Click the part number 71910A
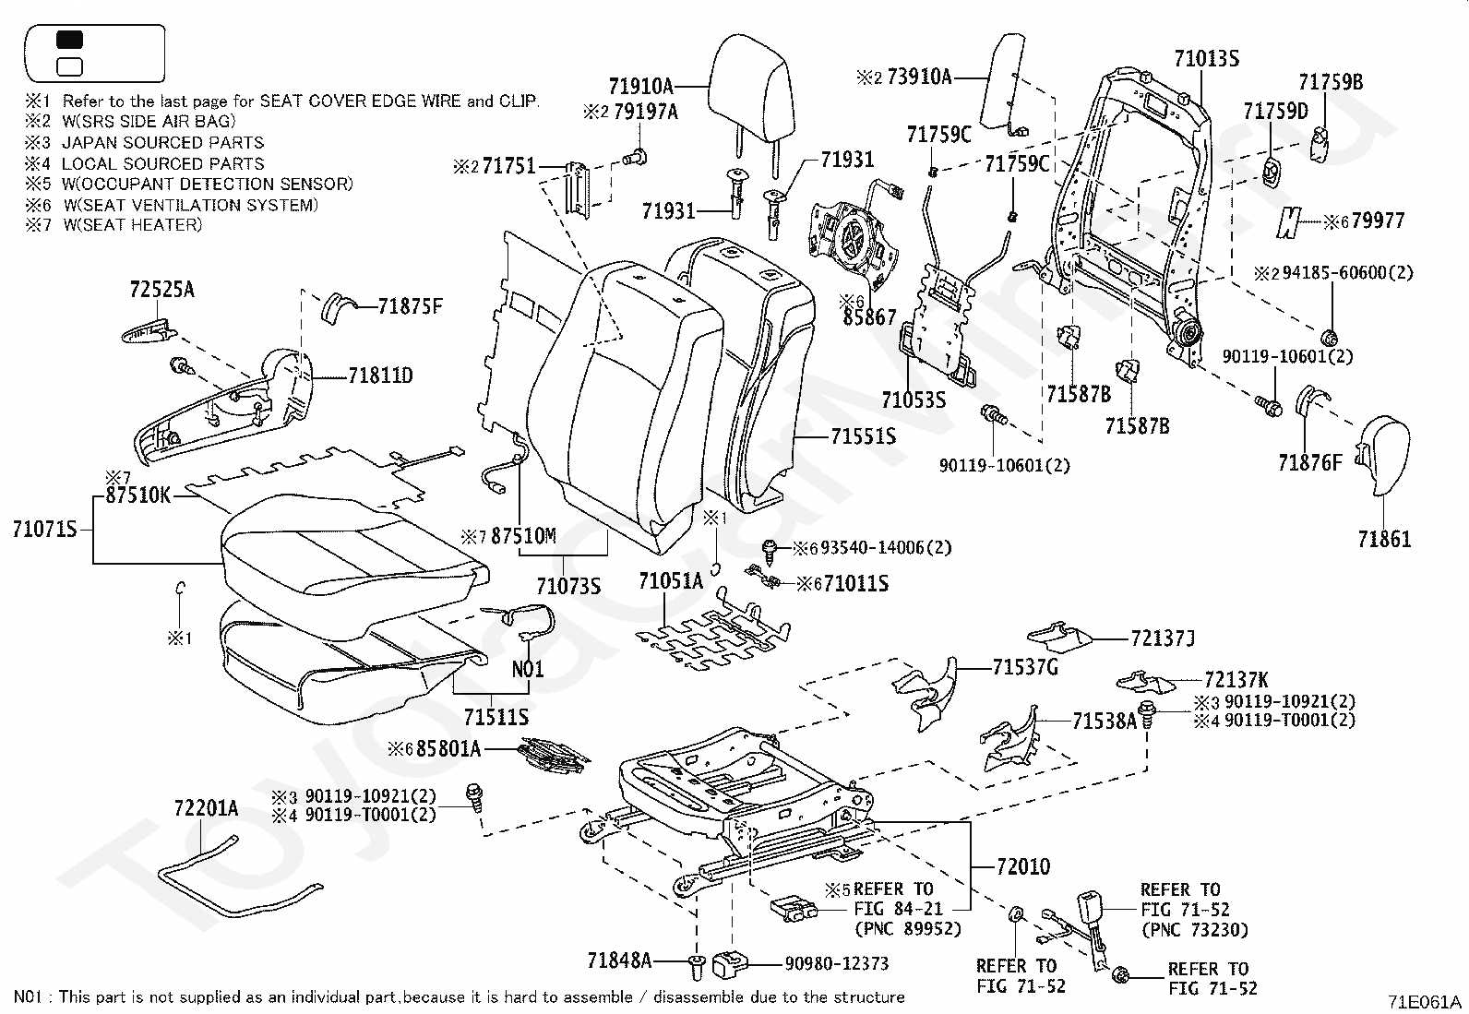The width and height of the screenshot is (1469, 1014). tap(640, 87)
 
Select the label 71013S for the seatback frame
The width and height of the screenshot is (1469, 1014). tap(1206, 59)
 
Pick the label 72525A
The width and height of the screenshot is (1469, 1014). tap(161, 289)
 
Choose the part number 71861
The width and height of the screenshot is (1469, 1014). tap(1384, 539)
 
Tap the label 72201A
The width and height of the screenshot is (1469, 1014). tap(206, 809)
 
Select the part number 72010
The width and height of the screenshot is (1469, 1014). tap(1023, 867)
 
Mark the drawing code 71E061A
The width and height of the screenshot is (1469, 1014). tap(1426, 1002)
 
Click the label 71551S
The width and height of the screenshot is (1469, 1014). tap(863, 436)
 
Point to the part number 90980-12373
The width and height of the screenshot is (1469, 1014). tap(836, 963)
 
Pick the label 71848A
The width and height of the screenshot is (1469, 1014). tap(619, 960)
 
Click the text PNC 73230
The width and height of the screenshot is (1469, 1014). tap(1194, 930)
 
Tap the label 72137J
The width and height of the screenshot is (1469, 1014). tap(1163, 638)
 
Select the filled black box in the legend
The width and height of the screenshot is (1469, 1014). tap(70, 41)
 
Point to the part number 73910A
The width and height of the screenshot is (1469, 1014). tap(918, 77)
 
